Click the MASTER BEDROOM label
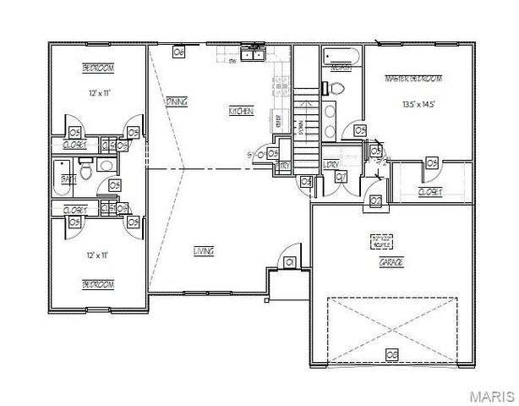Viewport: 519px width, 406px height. (413, 78)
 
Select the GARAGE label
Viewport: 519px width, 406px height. (391, 263)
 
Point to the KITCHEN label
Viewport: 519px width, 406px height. (240, 112)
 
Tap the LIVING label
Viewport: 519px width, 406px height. (203, 251)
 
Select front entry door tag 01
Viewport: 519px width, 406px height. (289, 263)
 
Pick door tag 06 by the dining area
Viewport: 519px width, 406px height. (178, 52)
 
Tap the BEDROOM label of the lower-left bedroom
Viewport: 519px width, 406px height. (98, 284)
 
